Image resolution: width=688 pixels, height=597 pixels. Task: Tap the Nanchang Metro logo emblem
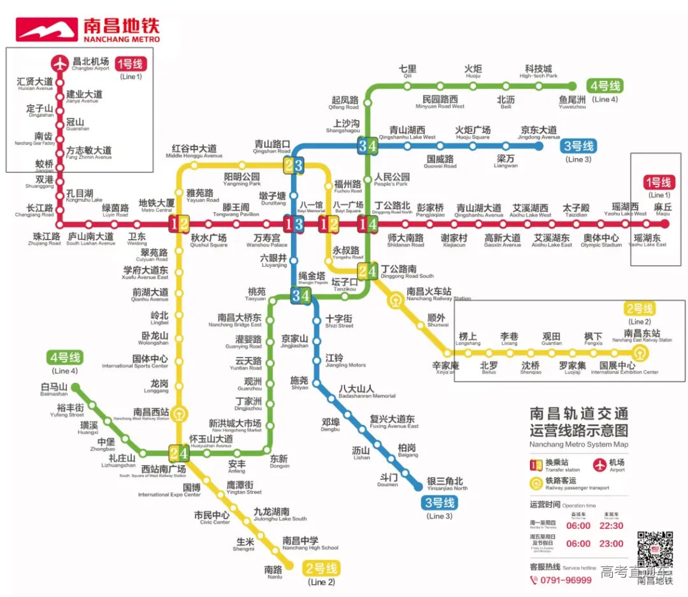pyautogui.click(x=47, y=29)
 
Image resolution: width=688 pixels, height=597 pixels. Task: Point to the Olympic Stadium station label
pyautogui.click(x=601, y=241)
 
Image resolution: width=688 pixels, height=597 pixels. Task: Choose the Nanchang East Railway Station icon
pyautogui.click(x=639, y=352)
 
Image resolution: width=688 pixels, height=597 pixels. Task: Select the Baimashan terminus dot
pyautogui.click(x=75, y=387)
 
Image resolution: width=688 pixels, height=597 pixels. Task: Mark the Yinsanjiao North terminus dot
pyautogui.click(x=418, y=487)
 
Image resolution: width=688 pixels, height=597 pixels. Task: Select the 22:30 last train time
pyautogui.click(x=611, y=526)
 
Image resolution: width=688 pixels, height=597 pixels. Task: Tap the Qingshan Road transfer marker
pyautogui.click(x=294, y=166)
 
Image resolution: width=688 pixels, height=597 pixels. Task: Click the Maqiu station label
pyautogui.click(x=663, y=210)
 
